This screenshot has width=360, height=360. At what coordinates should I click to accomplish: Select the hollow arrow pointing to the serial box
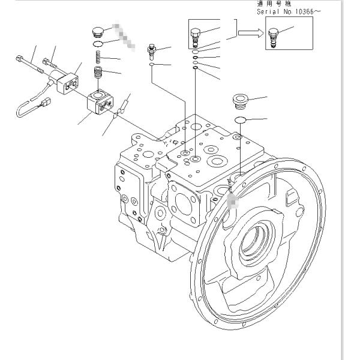pyautogui.click(x=250, y=33)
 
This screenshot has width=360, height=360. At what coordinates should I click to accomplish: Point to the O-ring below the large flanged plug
pyautogui.click(x=241, y=120)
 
